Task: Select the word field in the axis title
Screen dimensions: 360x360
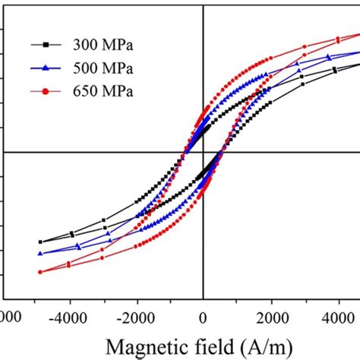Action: [x=211, y=346]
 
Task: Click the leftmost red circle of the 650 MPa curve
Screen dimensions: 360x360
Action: [x=40, y=272]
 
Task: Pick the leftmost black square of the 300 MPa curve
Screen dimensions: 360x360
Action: [x=40, y=242]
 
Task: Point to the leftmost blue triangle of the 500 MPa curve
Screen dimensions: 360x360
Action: [x=40, y=254]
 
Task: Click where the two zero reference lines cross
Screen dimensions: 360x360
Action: [x=203, y=152]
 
